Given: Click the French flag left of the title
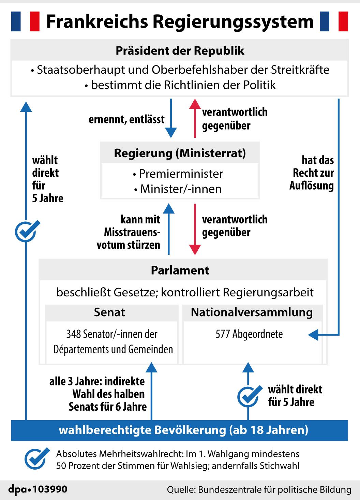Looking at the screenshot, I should pos(25,21).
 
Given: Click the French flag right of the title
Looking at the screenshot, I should pos(334,21).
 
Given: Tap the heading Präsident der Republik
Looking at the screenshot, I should pos(180,51).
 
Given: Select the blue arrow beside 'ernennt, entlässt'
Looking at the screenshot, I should pos(171,118).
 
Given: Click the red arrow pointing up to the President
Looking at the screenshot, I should pos(195,118).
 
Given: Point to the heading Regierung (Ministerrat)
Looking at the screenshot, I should pos(180,153).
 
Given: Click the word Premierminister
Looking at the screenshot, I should pos(181,174).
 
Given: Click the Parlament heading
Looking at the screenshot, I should pos(180,270).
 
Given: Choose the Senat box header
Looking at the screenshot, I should pos(109,312).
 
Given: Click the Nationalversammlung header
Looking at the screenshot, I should pos(252,312).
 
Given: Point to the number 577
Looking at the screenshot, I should pos(222,334).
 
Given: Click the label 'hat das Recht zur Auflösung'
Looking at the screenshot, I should pos(312,173).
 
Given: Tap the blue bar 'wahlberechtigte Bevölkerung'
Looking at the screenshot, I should pos(180,430).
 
